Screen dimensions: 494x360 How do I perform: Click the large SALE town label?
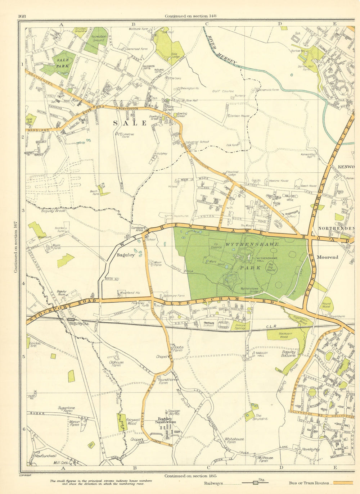130,123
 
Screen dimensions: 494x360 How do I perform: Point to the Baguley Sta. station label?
79,324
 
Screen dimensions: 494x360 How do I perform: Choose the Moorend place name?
327,257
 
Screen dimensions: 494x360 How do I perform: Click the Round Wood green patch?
326,305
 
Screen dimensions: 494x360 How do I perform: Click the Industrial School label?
197,142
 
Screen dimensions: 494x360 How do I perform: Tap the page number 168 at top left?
22,16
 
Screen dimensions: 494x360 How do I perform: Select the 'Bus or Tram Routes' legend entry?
309,483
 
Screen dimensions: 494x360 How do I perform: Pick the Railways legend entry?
213,484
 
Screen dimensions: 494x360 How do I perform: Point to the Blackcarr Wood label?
284,336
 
